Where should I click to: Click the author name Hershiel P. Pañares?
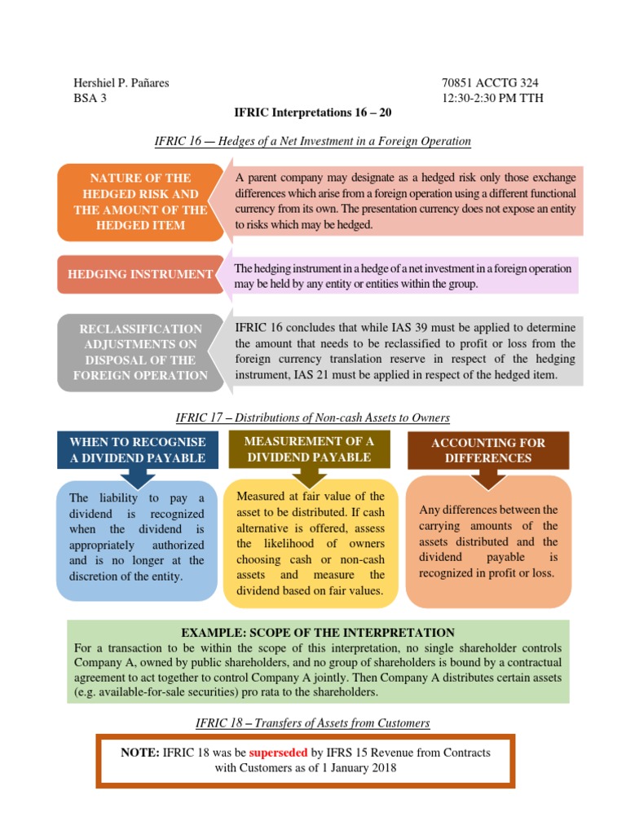121,83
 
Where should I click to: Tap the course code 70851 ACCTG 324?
489,83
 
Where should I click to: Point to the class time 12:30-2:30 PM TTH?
492,99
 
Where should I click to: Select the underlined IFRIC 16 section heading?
312,141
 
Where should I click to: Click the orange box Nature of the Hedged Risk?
140,201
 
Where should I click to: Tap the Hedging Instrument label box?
140,275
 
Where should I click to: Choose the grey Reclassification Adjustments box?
140,352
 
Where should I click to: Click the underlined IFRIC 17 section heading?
312,417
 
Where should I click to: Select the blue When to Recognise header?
138,450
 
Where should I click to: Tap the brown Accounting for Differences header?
488,450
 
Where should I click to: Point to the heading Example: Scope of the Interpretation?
318,633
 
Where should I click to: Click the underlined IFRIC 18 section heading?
312,722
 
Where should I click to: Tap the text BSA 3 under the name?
90,99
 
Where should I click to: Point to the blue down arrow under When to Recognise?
138,475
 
